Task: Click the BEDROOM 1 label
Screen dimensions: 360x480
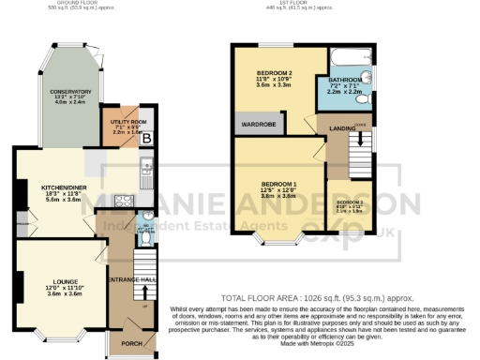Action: [x=279, y=183]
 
